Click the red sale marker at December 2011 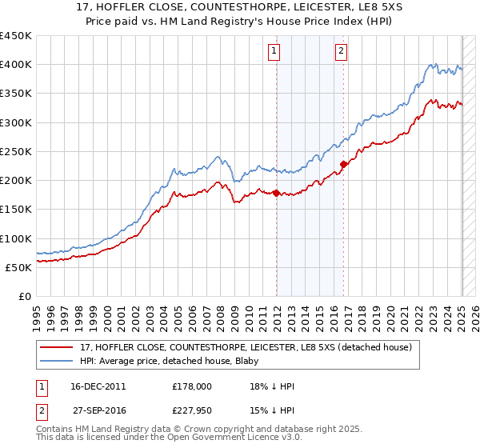click(277, 193)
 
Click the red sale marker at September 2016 click(343, 164)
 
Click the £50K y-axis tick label click(18, 267)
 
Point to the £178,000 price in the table click(192, 386)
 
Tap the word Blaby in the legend click(242, 361)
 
